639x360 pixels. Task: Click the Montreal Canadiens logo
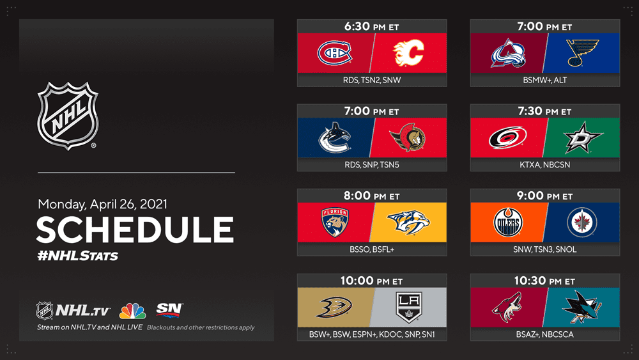click(335, 53)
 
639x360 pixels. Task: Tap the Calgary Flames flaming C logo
click(408, 53)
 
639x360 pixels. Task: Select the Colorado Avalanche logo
click(508, 54)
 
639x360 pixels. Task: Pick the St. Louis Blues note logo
click(583, 53)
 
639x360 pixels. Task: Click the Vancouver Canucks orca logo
click(335, 138)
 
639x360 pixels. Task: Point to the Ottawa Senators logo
click(408, 138)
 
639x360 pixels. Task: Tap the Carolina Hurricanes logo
click(508, 138)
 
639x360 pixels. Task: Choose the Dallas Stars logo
click(583, 138)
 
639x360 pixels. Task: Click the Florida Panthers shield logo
click(335, 222)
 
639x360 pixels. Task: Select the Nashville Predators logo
click(408, 222)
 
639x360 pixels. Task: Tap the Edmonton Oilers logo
click(508, 222)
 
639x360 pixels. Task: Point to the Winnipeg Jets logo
click(582, 223)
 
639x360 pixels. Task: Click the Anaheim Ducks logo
click(334, 307)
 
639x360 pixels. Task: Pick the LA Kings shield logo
click(409, 307)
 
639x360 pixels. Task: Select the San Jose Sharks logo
click(582, 307)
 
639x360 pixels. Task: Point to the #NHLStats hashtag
click(77, 256)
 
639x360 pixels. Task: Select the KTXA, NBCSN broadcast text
click(545, 165)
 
